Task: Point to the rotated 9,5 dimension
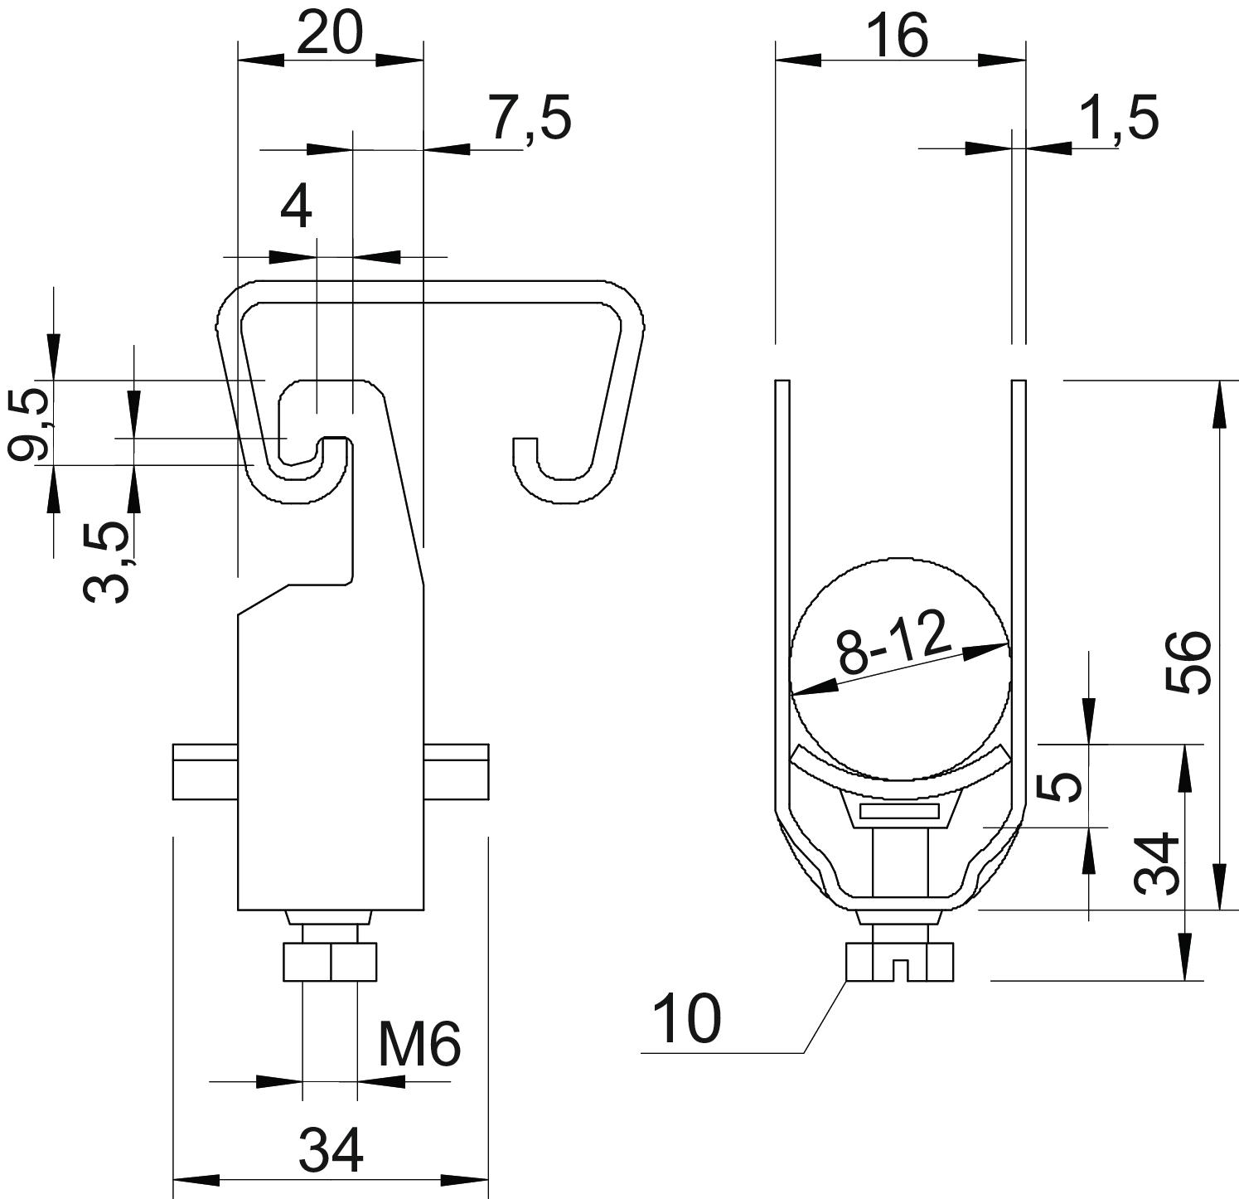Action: pyautogui.click(x=27, y=425)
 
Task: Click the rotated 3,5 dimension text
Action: pyautogui.click(x=107, y=561)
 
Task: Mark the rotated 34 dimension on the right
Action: pyautogui.click(x=1157, y=862)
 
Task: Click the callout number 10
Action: pyautogui.click(x=687, y=1019)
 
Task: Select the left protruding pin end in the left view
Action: pyautogui.click(x=205, y=772)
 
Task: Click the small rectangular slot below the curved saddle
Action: pyautogui.click(x=899, y=811)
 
